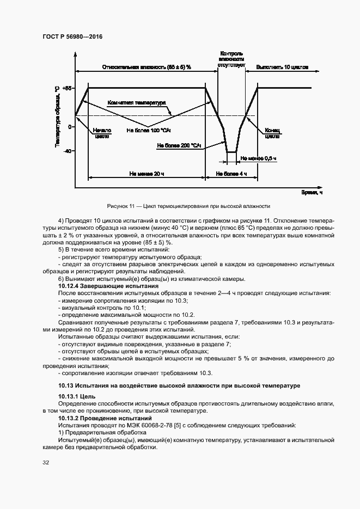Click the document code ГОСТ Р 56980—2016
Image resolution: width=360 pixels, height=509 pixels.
72,36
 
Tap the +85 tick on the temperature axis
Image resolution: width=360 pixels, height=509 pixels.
68,88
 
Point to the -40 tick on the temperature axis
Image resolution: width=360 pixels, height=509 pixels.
68,151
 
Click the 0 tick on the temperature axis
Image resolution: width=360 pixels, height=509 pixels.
70,127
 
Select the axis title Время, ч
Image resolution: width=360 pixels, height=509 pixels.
312,192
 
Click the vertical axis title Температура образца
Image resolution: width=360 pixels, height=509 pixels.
57,115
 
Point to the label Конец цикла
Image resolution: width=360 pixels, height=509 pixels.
272,133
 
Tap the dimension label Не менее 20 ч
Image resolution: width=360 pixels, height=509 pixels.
147,174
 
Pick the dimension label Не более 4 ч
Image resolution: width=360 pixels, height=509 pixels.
231,174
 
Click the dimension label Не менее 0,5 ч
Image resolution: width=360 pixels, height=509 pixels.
259,158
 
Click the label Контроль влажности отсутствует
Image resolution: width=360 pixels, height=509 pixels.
231,59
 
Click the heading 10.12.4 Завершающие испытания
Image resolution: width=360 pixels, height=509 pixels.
108,286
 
